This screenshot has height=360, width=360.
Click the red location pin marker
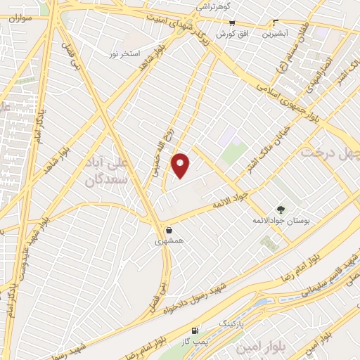[181, 166]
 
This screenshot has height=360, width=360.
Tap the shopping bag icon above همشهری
[169, 230]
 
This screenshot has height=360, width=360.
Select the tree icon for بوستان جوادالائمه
[281, 210]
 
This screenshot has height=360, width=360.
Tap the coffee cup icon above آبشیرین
[275, 22]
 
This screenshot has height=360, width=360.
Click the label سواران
[20, 18]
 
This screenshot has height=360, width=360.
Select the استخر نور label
[125, 53]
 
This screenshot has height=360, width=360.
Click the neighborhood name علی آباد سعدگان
[109, 171]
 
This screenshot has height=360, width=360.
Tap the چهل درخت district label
[330, 153]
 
